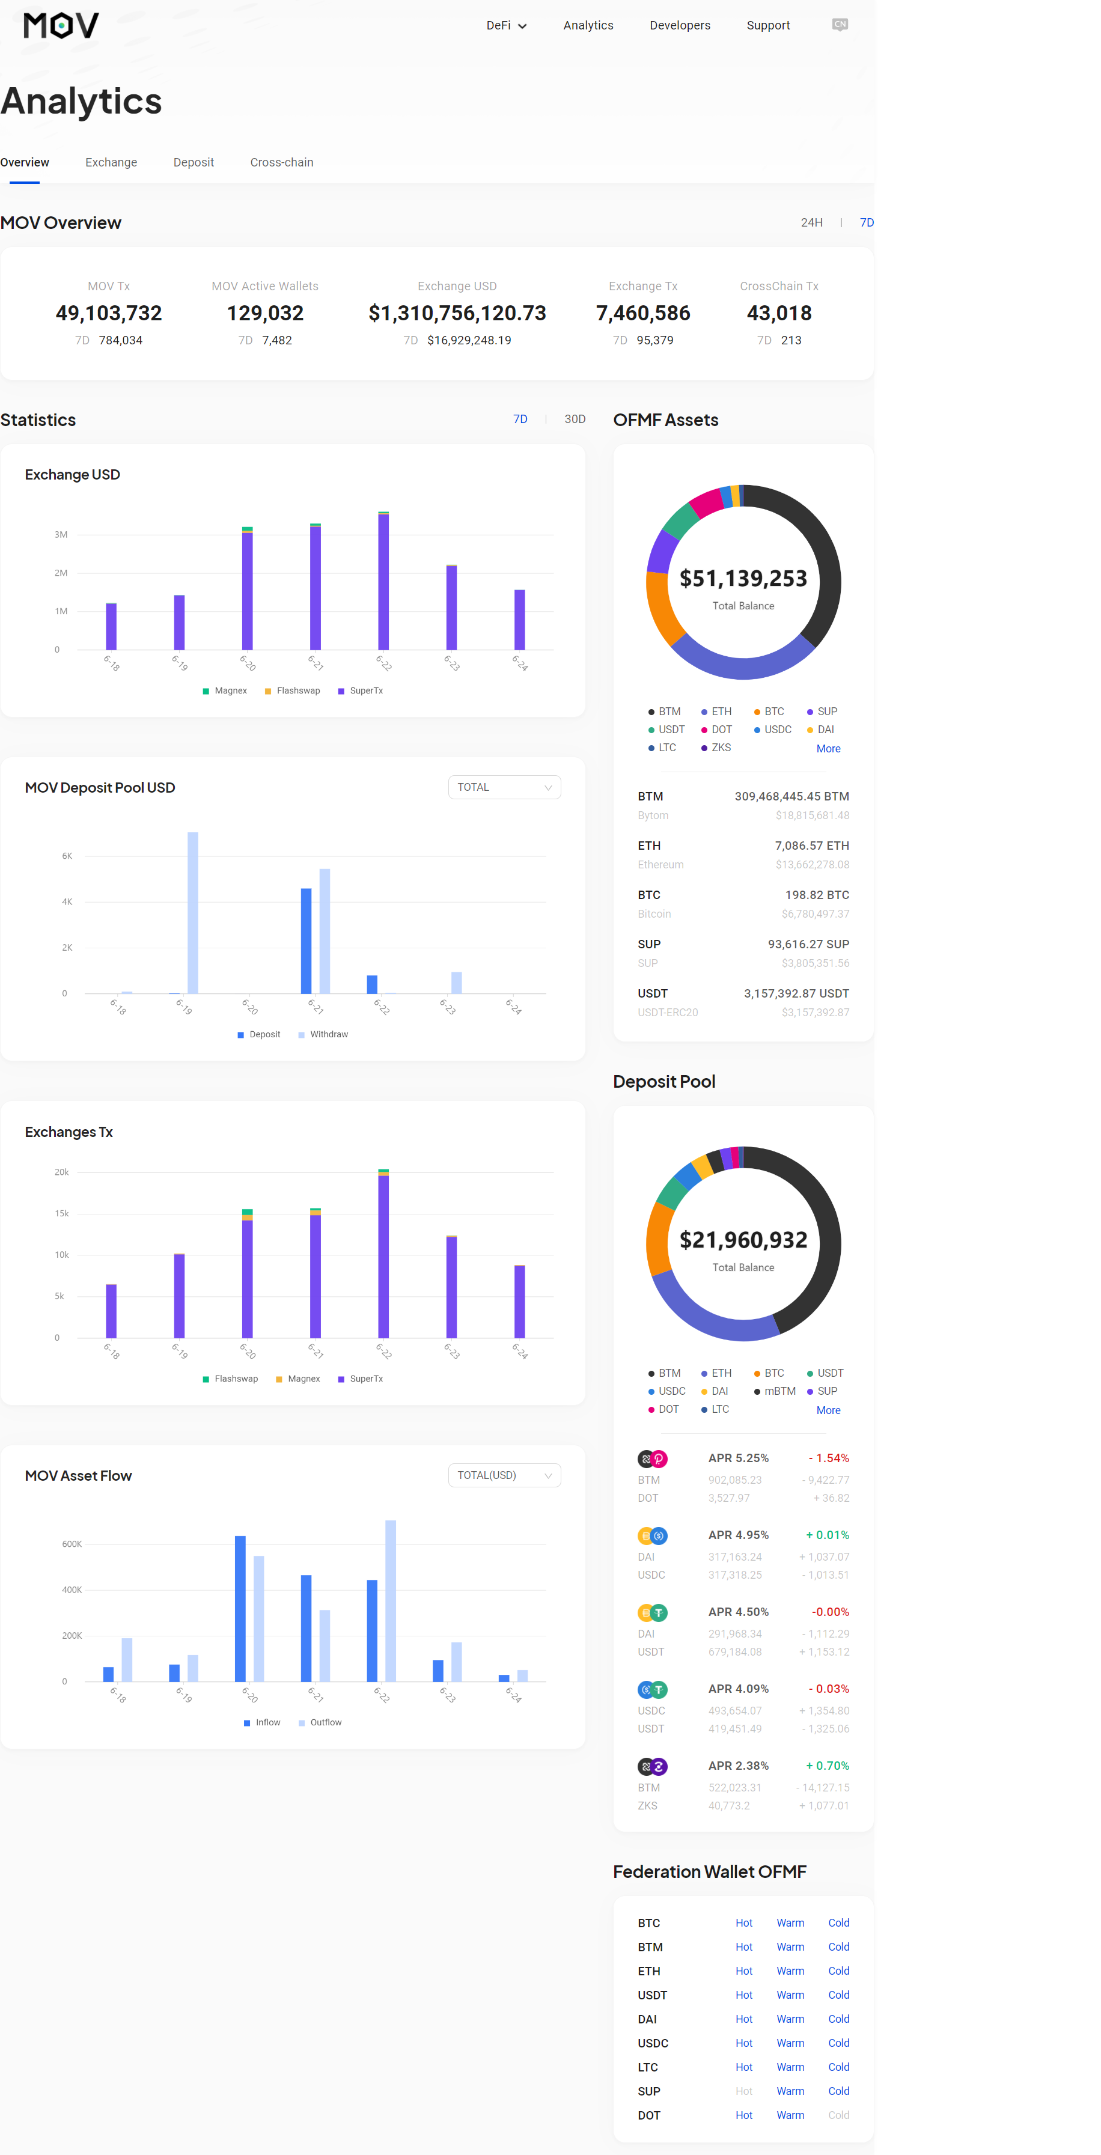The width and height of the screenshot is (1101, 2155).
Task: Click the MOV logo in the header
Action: (x=61, y=25)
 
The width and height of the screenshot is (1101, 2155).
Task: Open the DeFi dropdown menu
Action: (x=506, y=25)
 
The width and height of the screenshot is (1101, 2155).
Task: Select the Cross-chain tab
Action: (x=281, y=162)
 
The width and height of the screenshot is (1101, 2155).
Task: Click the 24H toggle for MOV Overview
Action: (x=811, y=222)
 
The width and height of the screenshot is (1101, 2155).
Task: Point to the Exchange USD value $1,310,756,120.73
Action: (x=457, y=313)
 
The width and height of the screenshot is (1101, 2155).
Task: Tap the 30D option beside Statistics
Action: (x=575, y=419)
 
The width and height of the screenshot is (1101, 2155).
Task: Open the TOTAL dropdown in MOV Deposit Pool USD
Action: (x=504, y=787)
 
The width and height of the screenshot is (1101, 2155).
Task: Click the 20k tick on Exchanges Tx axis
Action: (x=62, y=1172)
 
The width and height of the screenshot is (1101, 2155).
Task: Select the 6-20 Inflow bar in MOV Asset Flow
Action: (x=240, y=1608)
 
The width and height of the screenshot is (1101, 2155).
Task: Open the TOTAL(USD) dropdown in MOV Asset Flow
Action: (x=504, y=1475)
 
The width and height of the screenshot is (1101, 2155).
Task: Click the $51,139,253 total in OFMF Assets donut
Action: (x=743, y=578)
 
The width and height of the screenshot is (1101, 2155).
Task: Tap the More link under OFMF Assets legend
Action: (x=828, y=749)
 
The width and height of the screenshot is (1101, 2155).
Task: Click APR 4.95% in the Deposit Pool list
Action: (x=738, y=1535)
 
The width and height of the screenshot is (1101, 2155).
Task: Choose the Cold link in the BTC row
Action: (x=838, y=1923)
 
